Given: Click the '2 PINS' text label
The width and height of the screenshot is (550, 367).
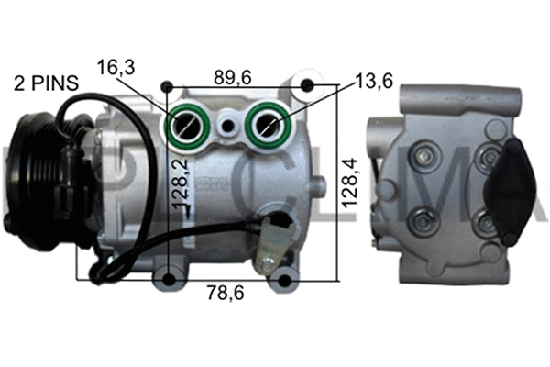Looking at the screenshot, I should pos(45,83).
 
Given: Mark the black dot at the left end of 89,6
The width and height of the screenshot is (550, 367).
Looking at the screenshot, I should pos(166,87).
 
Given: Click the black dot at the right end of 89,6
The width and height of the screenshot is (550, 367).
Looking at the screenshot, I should pos(308,87).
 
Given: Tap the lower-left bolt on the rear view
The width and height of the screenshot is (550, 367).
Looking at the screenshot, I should pos(423,221).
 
